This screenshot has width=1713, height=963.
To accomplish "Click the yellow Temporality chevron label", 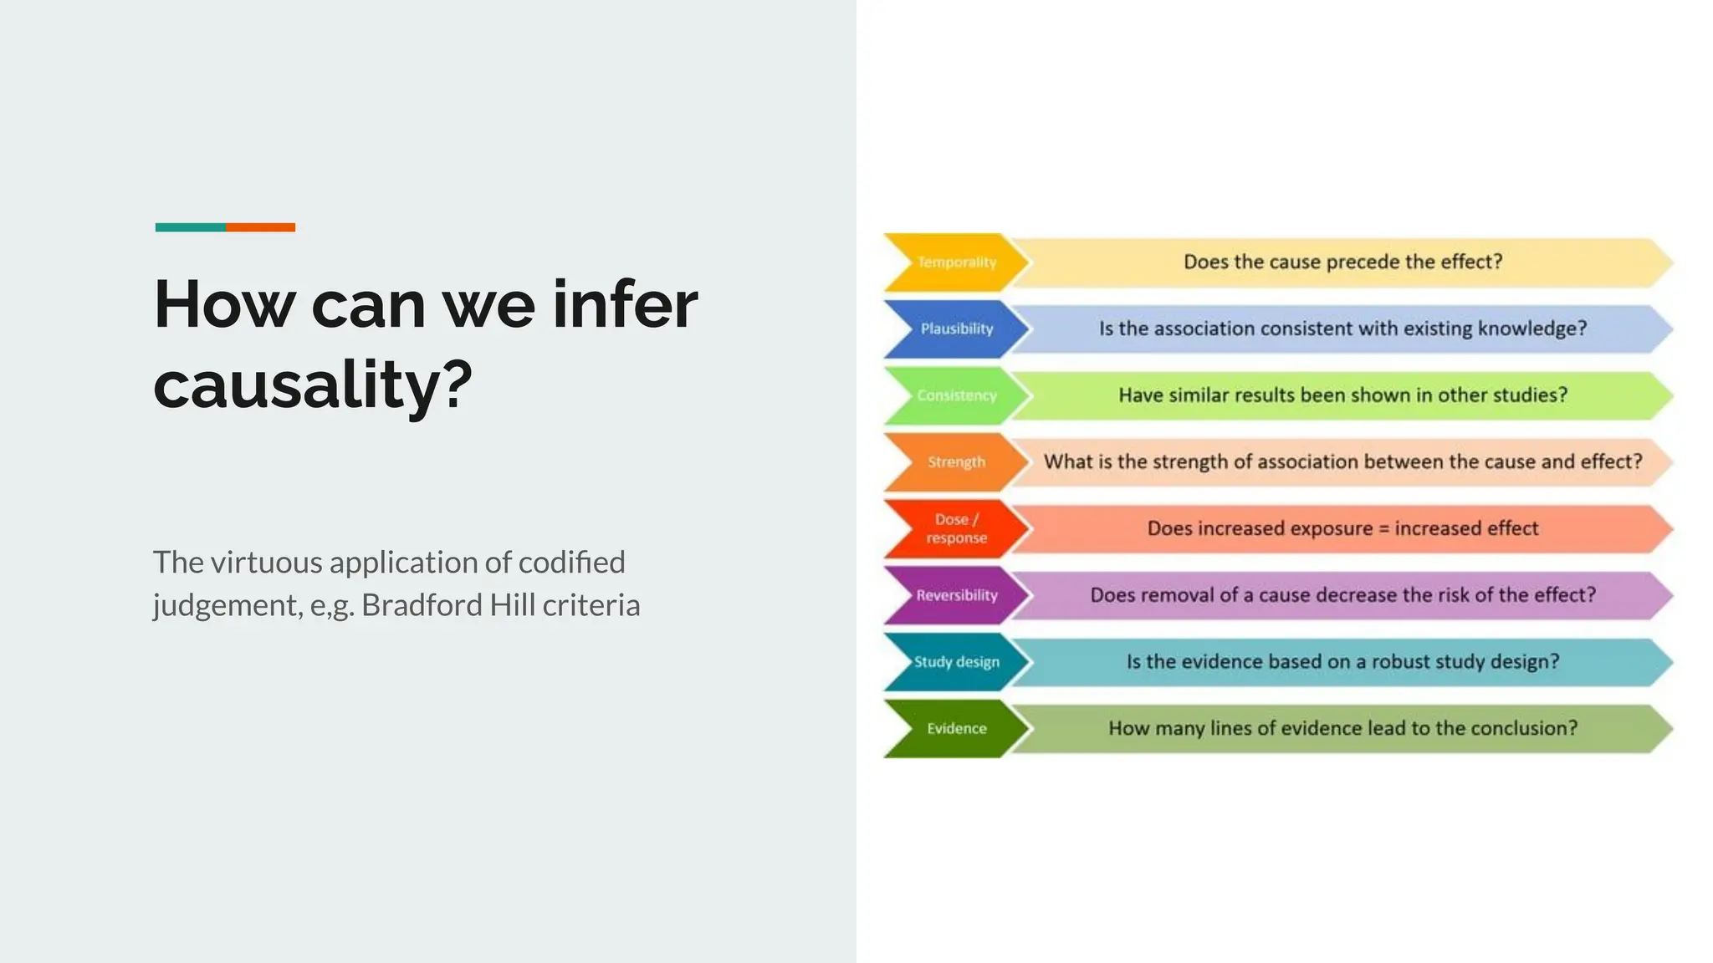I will click(957, 262).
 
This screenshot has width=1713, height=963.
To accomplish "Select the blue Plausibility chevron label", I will click(957, 329).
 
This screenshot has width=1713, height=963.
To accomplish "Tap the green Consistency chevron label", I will click(957, 395).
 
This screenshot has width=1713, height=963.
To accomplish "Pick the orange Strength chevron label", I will click(957, 462).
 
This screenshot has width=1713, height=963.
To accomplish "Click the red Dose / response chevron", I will click(957, 528).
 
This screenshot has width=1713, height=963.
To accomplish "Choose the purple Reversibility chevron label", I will click(957, 595).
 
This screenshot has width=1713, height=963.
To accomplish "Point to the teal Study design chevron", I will click(957, 662).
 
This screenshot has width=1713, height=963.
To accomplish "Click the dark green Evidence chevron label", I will click(957, 729).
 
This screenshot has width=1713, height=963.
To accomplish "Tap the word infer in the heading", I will click(625, 304).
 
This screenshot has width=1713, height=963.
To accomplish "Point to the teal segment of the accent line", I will click(190, 227).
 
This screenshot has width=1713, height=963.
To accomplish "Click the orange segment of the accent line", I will click(260, 227).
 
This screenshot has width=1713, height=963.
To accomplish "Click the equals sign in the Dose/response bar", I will click(1383, 528).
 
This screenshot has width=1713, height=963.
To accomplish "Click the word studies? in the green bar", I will click(1530, 395).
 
